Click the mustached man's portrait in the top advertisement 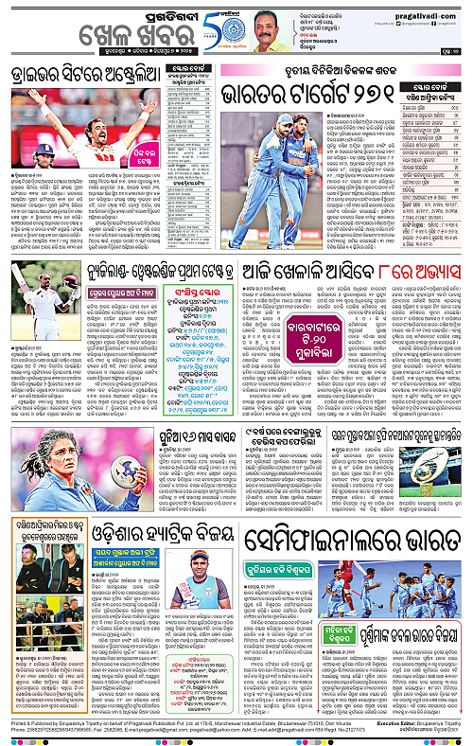coord(269,29)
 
